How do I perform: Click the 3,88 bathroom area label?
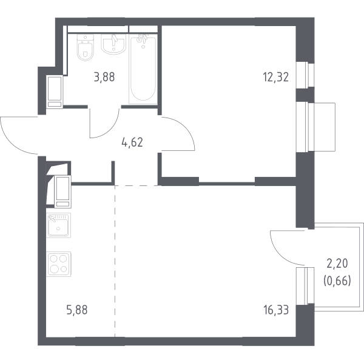(104, 77)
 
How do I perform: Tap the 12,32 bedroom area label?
(276, 77)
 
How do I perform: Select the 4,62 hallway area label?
(132, 142)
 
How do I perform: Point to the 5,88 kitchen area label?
(77, 310)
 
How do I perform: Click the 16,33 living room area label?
(276, 310)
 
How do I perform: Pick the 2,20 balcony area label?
(337, 264)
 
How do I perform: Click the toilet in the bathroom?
(85, 47)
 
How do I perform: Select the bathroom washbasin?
(113, 44)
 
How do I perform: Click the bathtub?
(143, 69)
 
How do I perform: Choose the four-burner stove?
(58, 264)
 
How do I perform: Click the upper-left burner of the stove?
(54, 258)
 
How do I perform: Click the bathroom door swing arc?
(110, 130)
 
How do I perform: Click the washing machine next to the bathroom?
(55, 92)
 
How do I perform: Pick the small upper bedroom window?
(305, 75)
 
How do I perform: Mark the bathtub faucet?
(142, 39)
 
